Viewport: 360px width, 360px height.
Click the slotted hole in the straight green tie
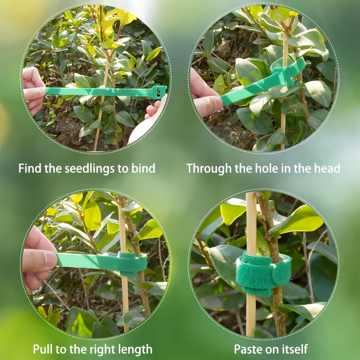pyautogui.click(x=158, y=92)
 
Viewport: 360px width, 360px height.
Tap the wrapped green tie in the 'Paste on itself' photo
pyautogui.click(x=263, y=273)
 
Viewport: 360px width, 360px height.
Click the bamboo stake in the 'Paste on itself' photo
pyautogui.click(x=251, y=264)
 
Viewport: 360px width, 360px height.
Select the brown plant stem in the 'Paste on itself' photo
pyautogui.click(x=273, y=264)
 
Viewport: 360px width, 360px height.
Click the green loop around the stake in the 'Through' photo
pyautogui.click(x=288, y=69)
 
